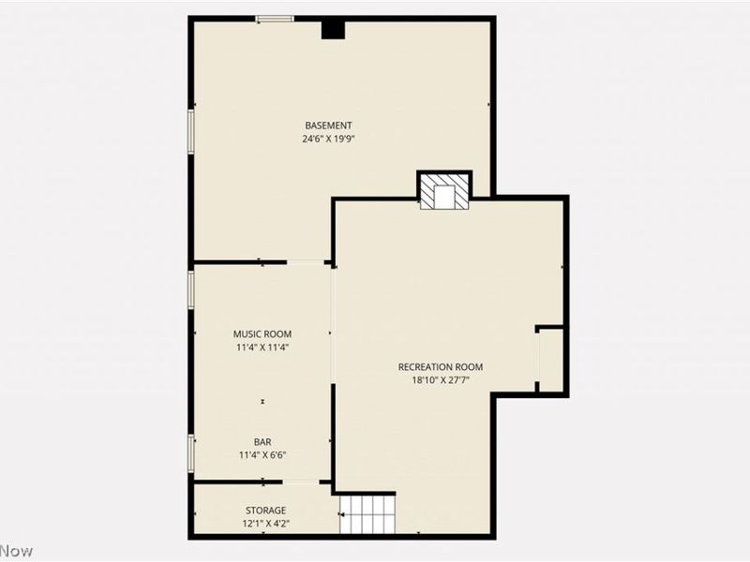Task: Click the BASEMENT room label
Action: click(x=328, y=126)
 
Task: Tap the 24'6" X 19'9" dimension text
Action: click(x=328, y=139)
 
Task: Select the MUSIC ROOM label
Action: click(x=262, y=333)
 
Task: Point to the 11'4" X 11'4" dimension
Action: click(x=262, y=347)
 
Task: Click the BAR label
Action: click(x=262, y=442)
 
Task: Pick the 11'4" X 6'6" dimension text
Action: click(x=262, y=455)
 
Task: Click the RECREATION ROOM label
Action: click(x=441, y=366)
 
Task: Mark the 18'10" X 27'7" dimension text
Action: click(x=441, y=379)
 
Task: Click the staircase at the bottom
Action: click(x=368, y=515)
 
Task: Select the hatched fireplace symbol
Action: click(x=443, y=193)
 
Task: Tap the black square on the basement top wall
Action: click(x=333, y=29)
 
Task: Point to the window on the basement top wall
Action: click(x=276, y=18)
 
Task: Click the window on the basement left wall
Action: click(x=191, y=131)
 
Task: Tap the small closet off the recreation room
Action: click(x=550, y=359)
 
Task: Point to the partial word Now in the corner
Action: click(x=16, y=551)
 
